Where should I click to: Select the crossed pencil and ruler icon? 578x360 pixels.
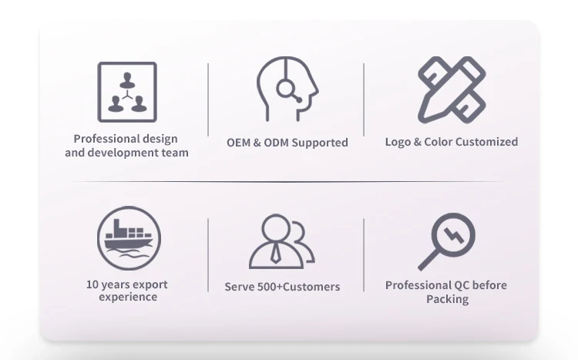[x=452, y=89]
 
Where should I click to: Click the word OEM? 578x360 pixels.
[x=238, y=143]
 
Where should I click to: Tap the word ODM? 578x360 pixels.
[x=276, y=143]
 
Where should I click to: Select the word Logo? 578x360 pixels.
[x=398, y=142]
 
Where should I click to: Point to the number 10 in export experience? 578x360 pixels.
[x=92, y=284]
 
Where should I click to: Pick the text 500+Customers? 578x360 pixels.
[x=298, y=287]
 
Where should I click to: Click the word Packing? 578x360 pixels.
[x=448, y=299]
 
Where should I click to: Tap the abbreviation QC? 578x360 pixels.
[x=462, y=285]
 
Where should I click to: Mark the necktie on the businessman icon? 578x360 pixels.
[x=275, y=254]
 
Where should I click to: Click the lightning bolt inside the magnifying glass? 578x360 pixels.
[x=454, y=235]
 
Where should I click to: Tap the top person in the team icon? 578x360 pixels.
[x=127, y=80]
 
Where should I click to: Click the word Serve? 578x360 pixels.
[x=240, y=287]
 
